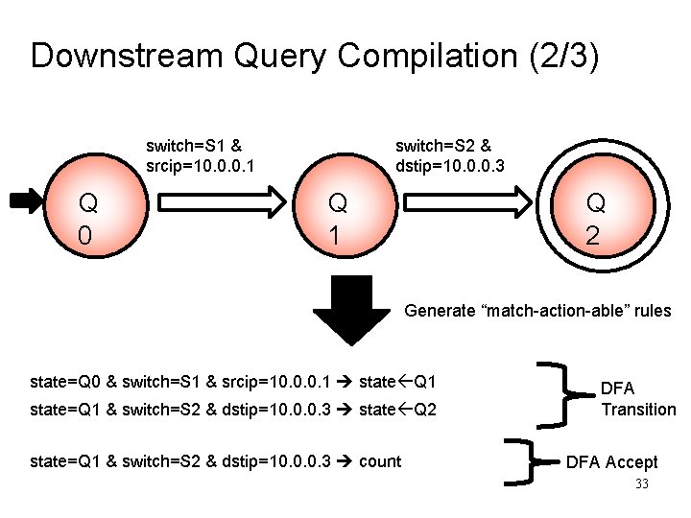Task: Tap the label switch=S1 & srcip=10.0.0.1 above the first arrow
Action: [x=200, y=156]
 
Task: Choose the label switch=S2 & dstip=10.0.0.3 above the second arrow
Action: [x=450, y=156]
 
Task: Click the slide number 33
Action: [x=642, y=484]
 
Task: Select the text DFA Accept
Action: [x=611, y=462]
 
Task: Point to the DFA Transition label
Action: [x=638, y=399]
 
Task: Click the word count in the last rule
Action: [x=380, y=461]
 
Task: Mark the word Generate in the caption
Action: [x=441, y=311]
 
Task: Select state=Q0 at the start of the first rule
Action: [x=66, y=383]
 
